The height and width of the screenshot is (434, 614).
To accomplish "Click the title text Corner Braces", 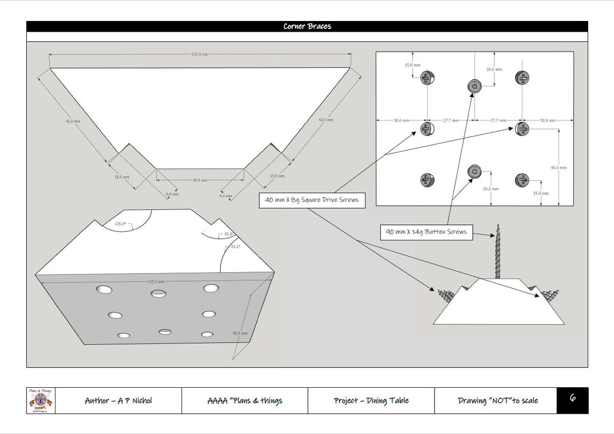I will coord(307,26).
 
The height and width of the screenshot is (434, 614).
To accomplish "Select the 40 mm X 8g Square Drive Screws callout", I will coord(312,200).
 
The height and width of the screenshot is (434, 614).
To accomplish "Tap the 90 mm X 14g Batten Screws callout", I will coord(426,232).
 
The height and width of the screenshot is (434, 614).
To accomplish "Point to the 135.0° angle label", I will coord(120,224).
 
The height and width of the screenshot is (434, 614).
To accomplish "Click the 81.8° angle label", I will coord(228,234).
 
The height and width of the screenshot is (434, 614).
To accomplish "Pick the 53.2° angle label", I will coord(236,246).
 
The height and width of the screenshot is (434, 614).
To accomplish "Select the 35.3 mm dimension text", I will coord(200,180).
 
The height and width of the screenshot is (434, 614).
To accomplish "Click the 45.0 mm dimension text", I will coord(559,168).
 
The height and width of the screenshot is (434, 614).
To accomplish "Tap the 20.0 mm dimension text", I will coord(494,69).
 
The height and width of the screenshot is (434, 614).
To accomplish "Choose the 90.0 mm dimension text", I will coord(240,333).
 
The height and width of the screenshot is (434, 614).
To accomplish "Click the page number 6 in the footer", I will coord(573,399).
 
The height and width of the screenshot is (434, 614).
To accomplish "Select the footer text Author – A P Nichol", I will coord(118,401).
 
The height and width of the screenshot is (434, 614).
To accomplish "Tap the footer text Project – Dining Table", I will coord(371,401).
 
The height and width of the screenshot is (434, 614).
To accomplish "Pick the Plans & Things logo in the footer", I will coord(41,401).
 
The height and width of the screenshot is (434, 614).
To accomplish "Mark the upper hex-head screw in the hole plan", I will coord(473,86).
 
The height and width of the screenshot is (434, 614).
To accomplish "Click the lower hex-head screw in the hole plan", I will coord(474,172).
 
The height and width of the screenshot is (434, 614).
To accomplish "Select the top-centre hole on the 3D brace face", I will coord(159,293).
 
